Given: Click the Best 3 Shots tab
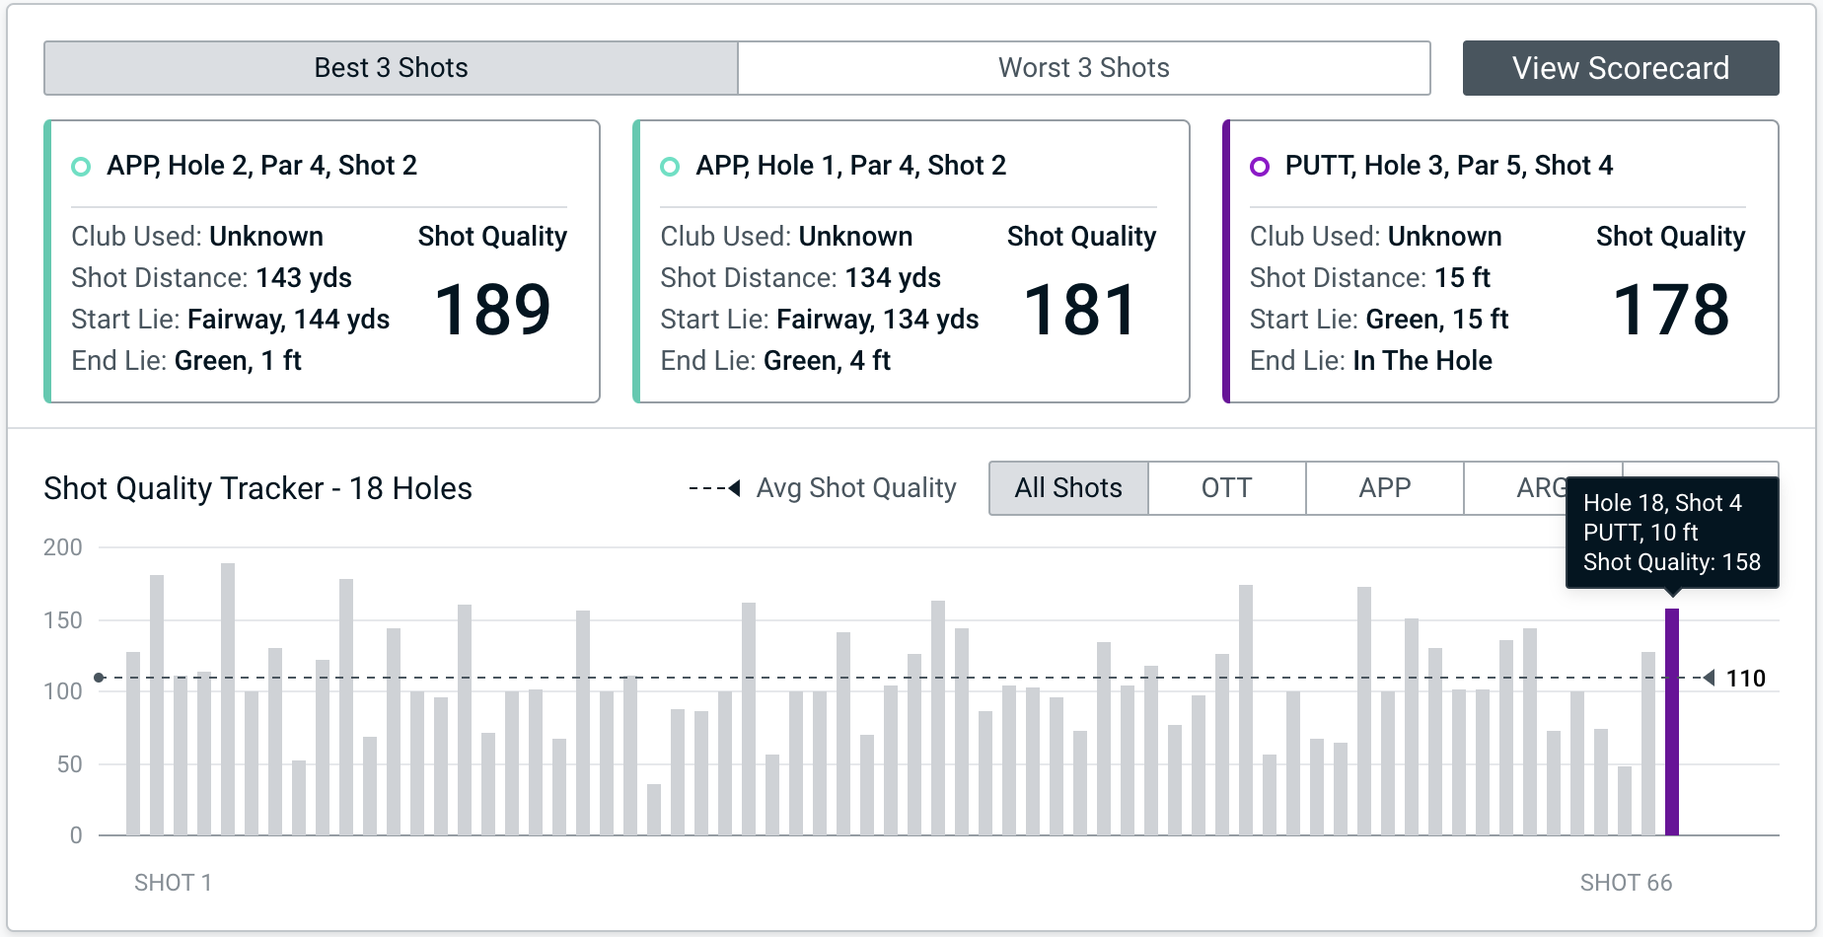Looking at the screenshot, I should pyautogui.click(x=391, y=68).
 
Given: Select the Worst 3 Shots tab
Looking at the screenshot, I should pyautogui.click(x=1083, y=68).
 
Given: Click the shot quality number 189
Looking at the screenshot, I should pyautogui.click(x=492, y=310).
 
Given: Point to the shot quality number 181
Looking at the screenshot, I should pyautogui.click(x=1081, y=310).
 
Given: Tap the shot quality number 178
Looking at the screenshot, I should pyautogui.click(x=1671, y=310).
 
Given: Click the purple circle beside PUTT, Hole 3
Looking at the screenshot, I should pyautogui.click(x=1260, y=167).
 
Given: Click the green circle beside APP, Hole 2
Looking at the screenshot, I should pyautogui.click(x=81, y=167).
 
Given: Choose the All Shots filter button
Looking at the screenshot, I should pyautogui.click(x=1068, y=488).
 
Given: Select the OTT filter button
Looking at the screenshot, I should pyautogui.click(x=1226, y=488).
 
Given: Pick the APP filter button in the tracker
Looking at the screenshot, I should pyautogui.click(x=1384, y=488).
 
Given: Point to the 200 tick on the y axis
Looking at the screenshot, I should pyautogui.click(x=63, y=547).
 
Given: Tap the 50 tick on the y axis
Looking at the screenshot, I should pyautogui.click(x=69, y=764).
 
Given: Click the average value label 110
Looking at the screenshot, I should pyautogui.click(x=1745, y=679).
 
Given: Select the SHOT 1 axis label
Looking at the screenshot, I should pyautogui.click(x=173, y=883).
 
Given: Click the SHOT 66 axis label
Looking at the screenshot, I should pyautogui.click(x=1626, y=883).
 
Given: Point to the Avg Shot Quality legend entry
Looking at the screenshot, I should pyautogui.click(x=855, y=488).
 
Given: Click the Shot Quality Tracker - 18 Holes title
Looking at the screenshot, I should pyautogui.click(x=257, y=488).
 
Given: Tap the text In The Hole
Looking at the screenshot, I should pyautogui.click(x=1422, y=361).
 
